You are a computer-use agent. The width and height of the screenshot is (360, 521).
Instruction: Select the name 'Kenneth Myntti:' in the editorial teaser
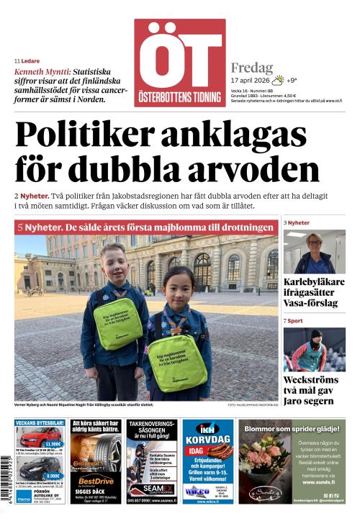(x=42, y=72)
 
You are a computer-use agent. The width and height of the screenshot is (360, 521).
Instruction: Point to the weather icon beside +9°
(x=276, y=81)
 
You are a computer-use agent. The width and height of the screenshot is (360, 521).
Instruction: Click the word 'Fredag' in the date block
(x=252, y=68)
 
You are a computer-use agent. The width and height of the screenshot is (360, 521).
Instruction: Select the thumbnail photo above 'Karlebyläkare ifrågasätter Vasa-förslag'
(x=314, y=251)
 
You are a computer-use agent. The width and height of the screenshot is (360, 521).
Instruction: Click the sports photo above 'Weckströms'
(x=314, y=349)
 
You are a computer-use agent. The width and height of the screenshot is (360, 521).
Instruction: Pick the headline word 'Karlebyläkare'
(x=314, y=282)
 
